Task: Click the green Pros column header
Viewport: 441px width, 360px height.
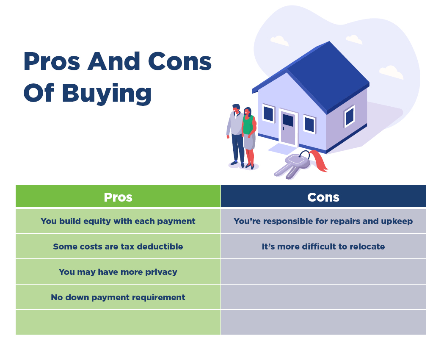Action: point(118,196)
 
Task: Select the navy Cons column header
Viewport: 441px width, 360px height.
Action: point(323,196)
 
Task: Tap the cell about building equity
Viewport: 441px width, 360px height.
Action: point(118,221)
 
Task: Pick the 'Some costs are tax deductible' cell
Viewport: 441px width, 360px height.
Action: point(118,246)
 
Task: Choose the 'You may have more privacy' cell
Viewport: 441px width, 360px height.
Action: point(118,271)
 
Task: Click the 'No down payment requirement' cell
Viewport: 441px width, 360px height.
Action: point(118,297)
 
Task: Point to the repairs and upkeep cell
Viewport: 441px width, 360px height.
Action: point(323,221)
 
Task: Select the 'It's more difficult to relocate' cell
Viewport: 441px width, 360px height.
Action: point(323,246)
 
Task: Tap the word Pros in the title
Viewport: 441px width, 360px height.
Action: point(52,61)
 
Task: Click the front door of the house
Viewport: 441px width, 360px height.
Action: point(288,128)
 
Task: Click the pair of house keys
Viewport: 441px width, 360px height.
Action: point(292,166)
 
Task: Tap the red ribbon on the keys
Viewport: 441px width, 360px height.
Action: point(319,161)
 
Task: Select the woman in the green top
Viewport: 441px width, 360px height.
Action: point(249,138)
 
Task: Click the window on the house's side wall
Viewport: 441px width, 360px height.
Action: point(350,116)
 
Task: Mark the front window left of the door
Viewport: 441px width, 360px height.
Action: point(269,113)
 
